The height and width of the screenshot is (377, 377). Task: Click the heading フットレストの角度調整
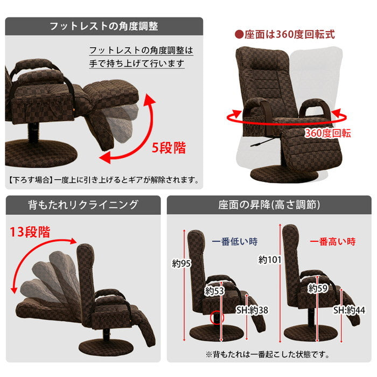click(104, 26)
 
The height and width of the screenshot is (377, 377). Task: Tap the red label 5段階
click(169, 148)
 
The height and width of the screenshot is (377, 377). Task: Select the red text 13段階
click(30, 233)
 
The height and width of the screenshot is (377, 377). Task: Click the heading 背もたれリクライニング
click(83, 205)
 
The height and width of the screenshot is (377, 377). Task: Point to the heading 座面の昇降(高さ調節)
click(269, 205)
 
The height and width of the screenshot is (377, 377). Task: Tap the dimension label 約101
click(270, 260)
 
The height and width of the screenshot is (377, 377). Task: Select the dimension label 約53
click(215, 291)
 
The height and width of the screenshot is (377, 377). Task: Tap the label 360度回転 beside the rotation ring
click(327, 133)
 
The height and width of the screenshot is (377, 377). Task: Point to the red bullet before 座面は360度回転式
click(239, 35)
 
